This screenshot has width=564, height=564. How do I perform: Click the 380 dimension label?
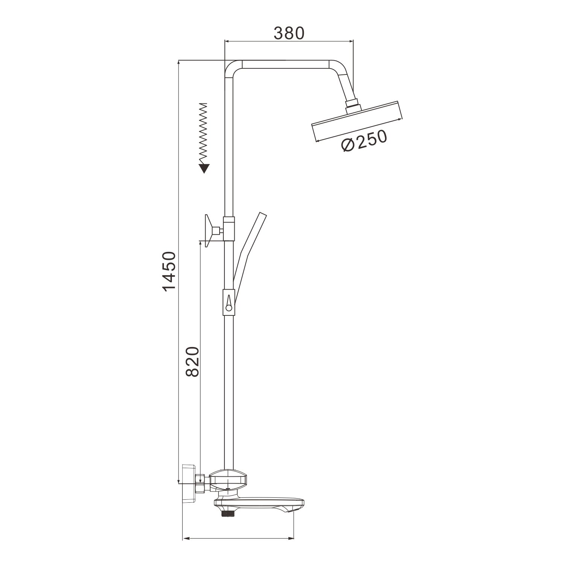288,33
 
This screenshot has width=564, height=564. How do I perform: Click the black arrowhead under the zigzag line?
204,168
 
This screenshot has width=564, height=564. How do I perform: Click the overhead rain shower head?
357,122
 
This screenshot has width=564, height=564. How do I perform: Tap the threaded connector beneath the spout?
228,512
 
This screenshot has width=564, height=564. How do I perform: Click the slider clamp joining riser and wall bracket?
229,229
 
